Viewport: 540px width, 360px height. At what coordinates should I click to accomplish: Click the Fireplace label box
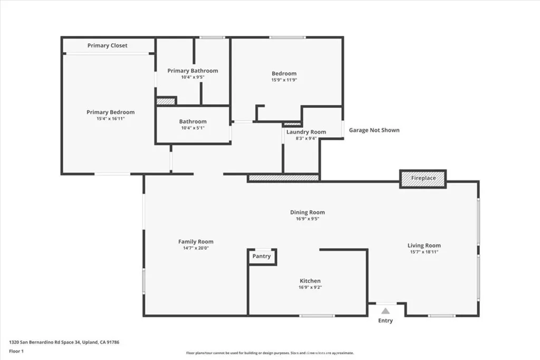tap(423, 178)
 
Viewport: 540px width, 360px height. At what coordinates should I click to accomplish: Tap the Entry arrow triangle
tap(385, 311)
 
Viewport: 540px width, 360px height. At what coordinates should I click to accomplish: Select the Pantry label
tap(262, 256)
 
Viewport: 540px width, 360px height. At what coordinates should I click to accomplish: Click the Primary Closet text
tap(108, 46)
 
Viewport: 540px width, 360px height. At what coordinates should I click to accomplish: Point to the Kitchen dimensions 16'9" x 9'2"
tap(310, 288)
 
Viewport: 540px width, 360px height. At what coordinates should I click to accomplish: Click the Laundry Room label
tap(306, 132)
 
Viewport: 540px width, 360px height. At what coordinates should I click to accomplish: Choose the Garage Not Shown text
tap(374, 130)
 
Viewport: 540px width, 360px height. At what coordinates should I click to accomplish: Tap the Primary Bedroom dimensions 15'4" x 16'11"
tap(110, 119)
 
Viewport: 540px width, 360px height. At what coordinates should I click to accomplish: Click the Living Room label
tap(424, 246)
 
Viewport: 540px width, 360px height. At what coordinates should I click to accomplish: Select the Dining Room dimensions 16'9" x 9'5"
tap(307, 219)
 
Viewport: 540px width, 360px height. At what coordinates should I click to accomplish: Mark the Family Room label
tap(196, 242)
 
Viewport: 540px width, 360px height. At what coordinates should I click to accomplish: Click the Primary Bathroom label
tap(192, 71)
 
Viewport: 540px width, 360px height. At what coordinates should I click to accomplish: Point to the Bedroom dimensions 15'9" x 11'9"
tap(284, 81)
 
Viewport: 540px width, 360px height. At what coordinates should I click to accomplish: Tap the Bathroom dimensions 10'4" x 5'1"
tap(192, 128)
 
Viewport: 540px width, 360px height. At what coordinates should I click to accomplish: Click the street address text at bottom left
tap(64, 342)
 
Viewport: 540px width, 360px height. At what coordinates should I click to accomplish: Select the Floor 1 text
tap(17, 351)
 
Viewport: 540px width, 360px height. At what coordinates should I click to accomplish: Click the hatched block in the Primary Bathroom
tap(166, 101)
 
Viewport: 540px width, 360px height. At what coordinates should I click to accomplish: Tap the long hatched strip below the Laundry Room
tap(284, 179)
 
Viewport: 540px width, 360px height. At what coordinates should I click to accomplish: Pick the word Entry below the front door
tap(385, 320)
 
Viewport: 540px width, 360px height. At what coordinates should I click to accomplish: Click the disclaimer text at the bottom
tap(269, 353)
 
